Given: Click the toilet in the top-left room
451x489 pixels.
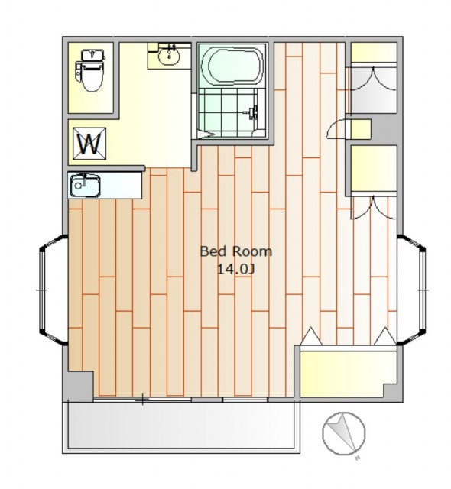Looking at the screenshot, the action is pos(90,70).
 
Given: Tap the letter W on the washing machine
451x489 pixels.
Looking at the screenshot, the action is pos(89,144).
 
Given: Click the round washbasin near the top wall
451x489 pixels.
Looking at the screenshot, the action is pos(169,56).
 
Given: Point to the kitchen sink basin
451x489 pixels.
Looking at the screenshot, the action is pos(85,186).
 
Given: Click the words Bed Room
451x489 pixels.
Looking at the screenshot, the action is pos(235,251).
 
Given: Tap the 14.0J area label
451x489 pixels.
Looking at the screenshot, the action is pos(235,270).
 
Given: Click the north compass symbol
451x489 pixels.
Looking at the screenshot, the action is pos(343,434).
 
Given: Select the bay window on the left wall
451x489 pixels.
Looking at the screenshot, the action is pos(53,290).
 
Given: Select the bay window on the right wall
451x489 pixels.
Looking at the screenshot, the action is pos(411,290).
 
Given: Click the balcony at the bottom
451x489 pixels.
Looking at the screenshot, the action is pos(181,426).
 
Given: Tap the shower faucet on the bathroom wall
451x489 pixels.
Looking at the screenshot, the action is pos(252,112).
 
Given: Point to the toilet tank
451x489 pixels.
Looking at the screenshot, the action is pos(92,55).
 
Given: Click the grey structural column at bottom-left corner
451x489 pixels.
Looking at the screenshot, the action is pos(80,385).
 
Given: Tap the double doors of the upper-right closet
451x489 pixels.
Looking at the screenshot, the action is pos(373,78).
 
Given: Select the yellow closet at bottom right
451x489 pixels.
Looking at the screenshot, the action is pos(348,374).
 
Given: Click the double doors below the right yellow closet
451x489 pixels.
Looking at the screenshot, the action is pos(374,208).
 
